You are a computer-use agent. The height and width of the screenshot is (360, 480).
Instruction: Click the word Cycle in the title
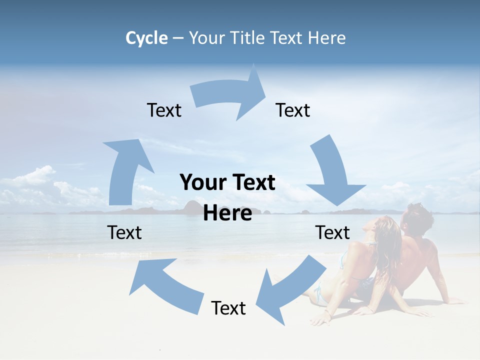[x=146, y=38]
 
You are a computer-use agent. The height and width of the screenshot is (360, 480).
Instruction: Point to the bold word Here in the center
[x=227, y=213]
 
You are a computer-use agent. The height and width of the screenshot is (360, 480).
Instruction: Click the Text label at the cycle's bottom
[x=228, y=308]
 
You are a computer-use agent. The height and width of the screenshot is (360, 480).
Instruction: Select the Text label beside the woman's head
[x=332, y=232]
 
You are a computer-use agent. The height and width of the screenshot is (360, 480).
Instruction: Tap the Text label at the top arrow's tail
[x=164, y=110]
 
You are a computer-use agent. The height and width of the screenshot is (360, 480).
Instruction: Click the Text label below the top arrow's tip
[x=293, y=110]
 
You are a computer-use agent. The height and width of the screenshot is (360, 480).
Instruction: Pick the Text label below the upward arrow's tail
[x=124, y=232]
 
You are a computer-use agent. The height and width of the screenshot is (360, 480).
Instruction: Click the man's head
[x=418, y=219]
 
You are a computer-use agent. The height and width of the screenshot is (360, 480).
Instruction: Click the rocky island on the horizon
[x=192, y=207]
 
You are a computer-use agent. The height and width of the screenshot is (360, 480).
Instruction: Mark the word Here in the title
[x=326, y=38]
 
